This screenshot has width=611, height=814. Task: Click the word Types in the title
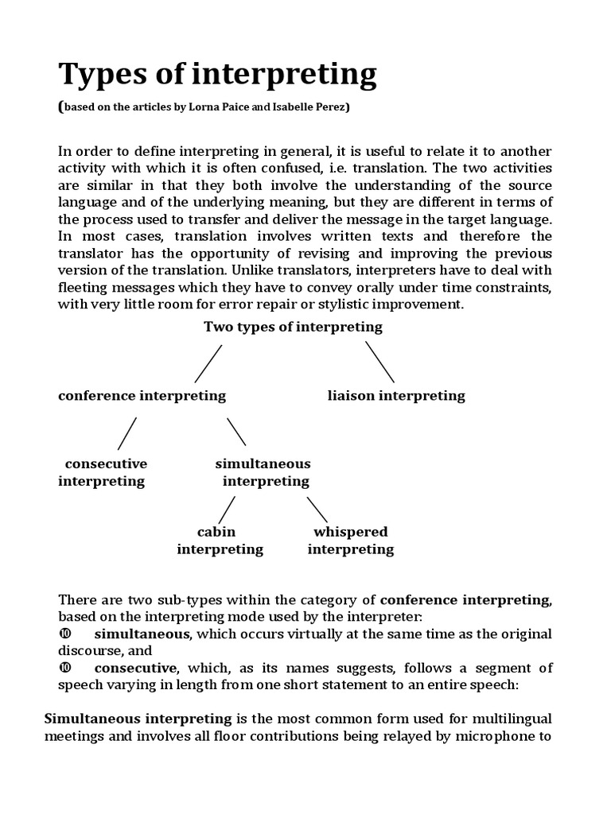coord(101,76)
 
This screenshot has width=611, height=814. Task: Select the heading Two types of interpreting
coord(293,327)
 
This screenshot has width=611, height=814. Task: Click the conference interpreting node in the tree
coord(142,395)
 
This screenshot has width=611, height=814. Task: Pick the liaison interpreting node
coord(396,395)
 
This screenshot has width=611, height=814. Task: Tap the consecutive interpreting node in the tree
coord(103,472)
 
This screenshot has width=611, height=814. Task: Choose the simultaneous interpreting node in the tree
coord(263,472)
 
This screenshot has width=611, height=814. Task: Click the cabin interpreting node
coord(219,541)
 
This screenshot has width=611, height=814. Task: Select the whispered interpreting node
coord(350,541)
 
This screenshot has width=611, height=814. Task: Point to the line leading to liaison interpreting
coord(379,362)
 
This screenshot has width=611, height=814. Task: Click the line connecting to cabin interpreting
coord(227,510)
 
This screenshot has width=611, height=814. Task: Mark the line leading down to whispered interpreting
coord(317,510)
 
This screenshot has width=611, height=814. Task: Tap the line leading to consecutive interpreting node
coord(127,433)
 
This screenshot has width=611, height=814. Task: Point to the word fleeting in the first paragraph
coord(83,287)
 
